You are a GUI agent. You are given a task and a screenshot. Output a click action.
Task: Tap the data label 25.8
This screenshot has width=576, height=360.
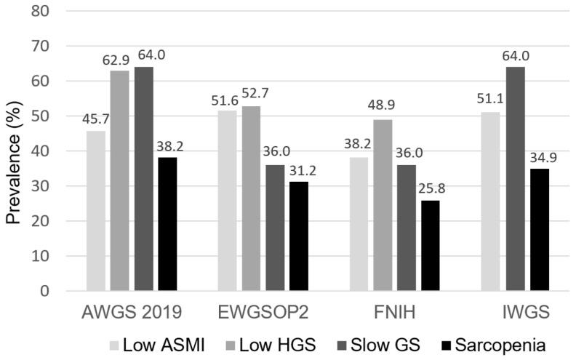pos(429,191)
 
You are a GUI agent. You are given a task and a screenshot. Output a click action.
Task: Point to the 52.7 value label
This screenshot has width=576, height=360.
pos(252,97)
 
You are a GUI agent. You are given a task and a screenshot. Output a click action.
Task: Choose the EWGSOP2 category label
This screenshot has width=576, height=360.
pos(263,313)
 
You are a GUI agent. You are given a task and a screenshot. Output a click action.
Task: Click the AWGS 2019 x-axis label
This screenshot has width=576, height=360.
pos(132,313)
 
